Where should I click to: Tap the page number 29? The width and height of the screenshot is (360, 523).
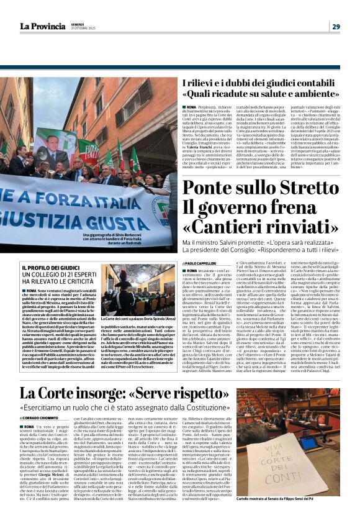[x=336, y=26]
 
